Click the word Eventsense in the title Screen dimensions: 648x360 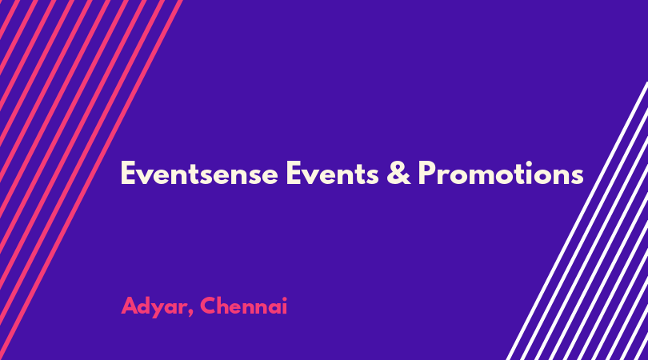click(x=199, y=173)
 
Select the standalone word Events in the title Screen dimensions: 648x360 click(x=332, y=173)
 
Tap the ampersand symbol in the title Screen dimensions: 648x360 click(x=399, y=173)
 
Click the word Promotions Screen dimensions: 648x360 click(x=501, y=173)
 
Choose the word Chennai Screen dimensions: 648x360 click(x=243, y=306)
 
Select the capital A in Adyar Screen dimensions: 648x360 click(x=130, y=306)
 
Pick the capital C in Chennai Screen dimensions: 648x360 click(x=208, y=306)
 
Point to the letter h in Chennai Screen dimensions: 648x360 click(x=225, y=306)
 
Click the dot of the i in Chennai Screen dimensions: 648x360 click(x=283, y=298)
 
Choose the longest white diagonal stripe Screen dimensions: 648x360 click(x=578, y=221)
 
